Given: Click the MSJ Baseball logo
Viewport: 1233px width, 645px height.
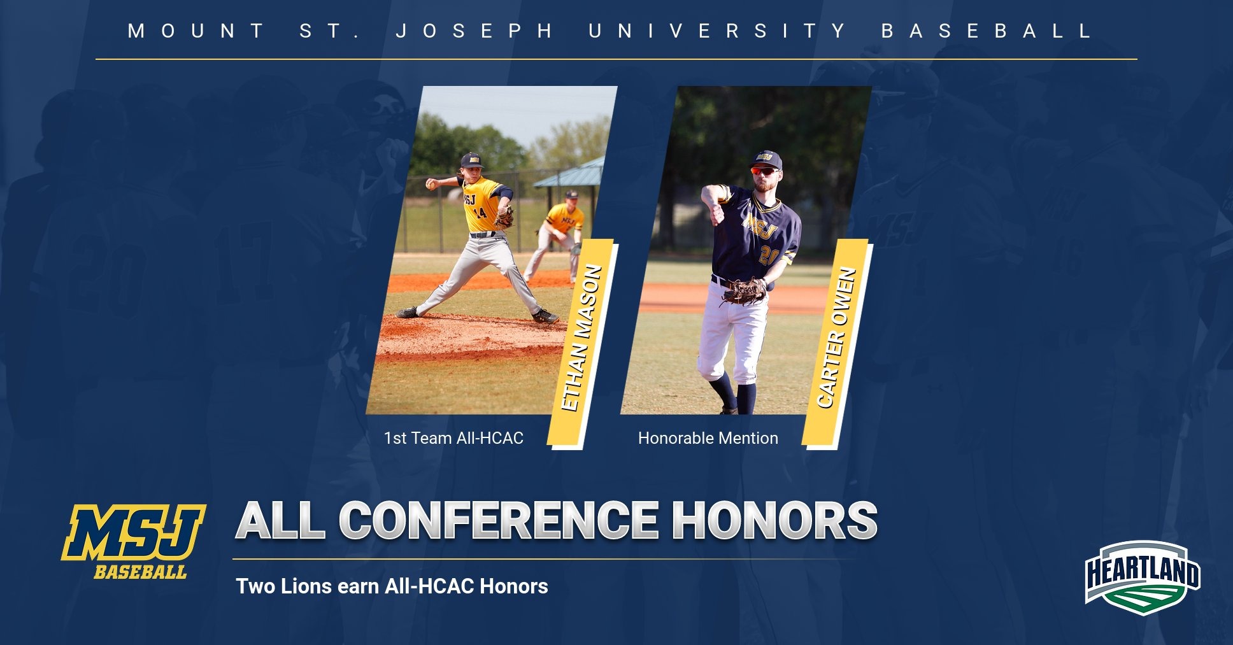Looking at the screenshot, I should pyautogui.click(x=134, y=541).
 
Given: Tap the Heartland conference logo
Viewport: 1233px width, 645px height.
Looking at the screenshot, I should pyautogui.click(x=1143, y=573).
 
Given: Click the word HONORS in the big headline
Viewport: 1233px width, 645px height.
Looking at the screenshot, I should pyautogui.click(x=775, y=520).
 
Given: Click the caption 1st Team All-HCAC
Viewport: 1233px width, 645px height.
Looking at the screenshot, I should pyautogui.click(x=453, y=438).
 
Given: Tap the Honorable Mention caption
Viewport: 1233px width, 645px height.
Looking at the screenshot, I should pyautogui.click(x=708, y=438).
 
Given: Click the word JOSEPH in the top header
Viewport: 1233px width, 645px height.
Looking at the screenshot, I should pyautogui.click(x=474, y=31).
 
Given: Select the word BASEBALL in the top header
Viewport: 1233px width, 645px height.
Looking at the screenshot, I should pyautogui.click(x=987, y=31).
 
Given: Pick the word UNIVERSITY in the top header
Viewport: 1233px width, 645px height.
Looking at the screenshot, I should pyautogui.click(x=717, y=31).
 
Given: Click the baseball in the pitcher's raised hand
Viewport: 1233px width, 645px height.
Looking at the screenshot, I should pyautogui.click(x=431, y=183).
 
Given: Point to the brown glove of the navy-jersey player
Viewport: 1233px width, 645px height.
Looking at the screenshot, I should pyautogui.click(x=744, y=291).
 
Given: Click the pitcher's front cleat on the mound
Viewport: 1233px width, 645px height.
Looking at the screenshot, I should pyautogui.click(x=545, y=316).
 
